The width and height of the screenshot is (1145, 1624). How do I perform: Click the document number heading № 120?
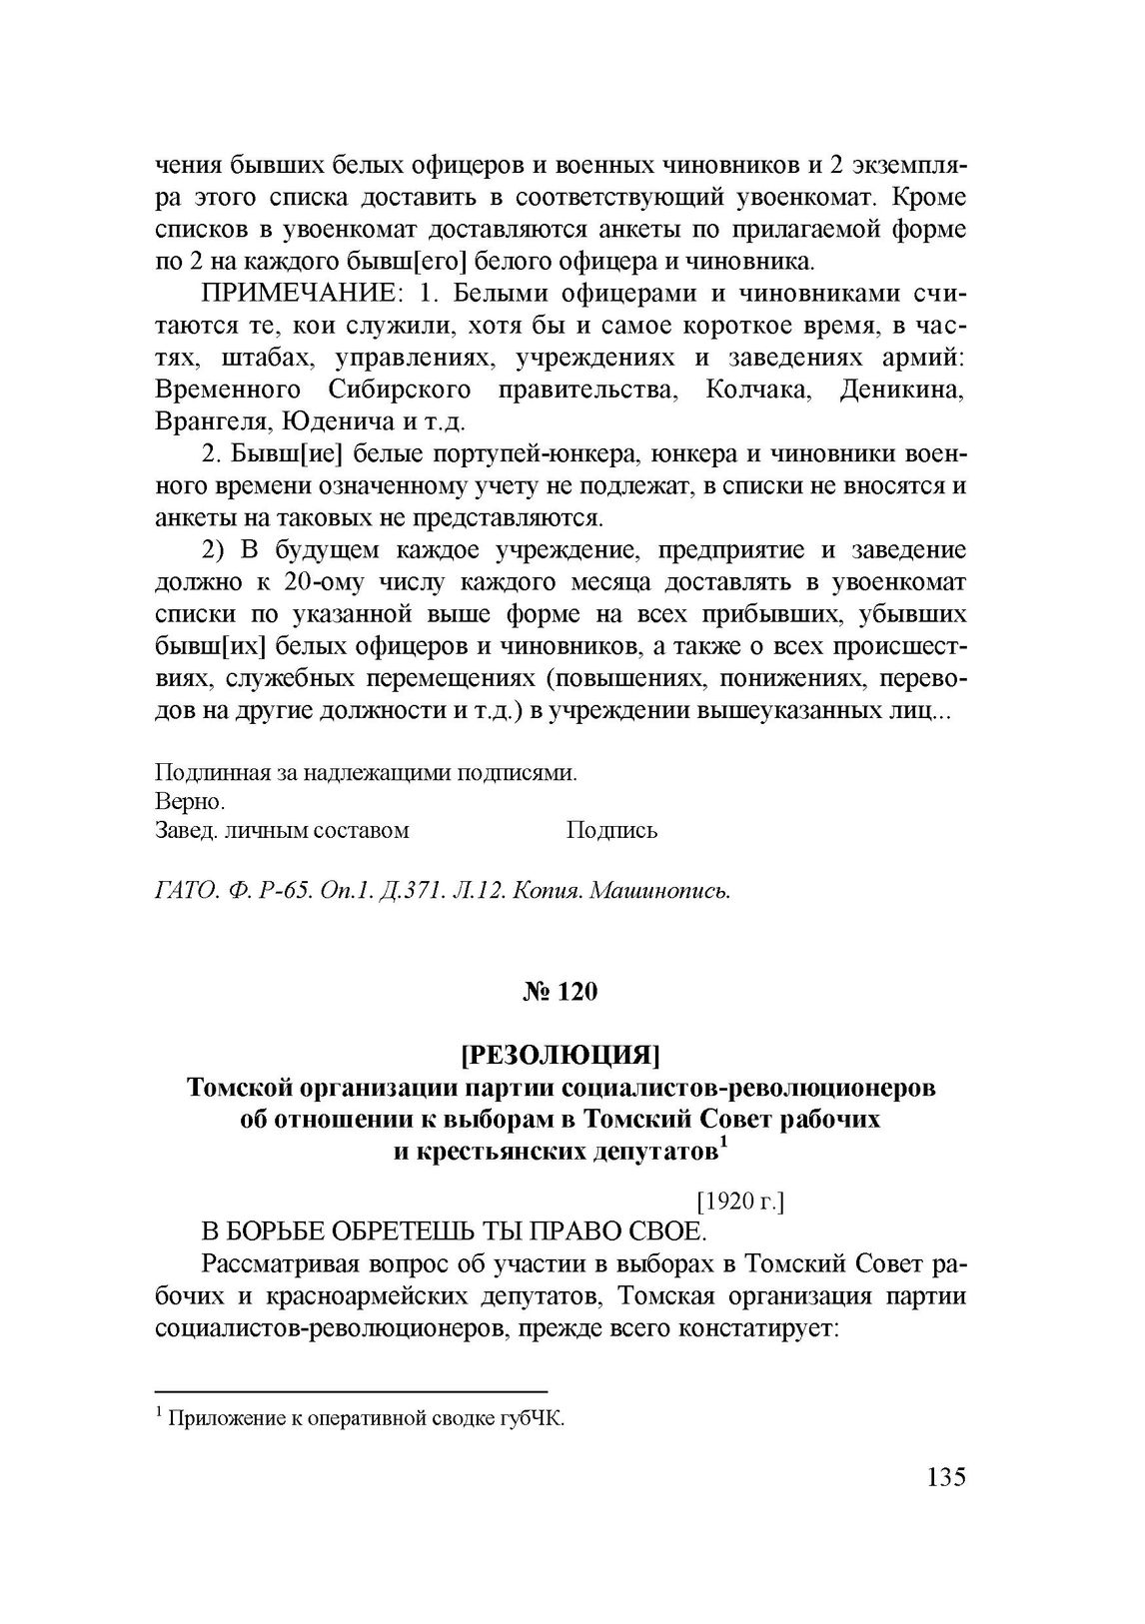[x=561, y=992]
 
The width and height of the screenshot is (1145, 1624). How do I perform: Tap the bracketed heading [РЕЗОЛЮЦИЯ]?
[x=561, y=1055]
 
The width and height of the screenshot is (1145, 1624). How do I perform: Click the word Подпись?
[x=611, y=830]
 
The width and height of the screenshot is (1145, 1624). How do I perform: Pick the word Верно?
[x=190, y=802]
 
